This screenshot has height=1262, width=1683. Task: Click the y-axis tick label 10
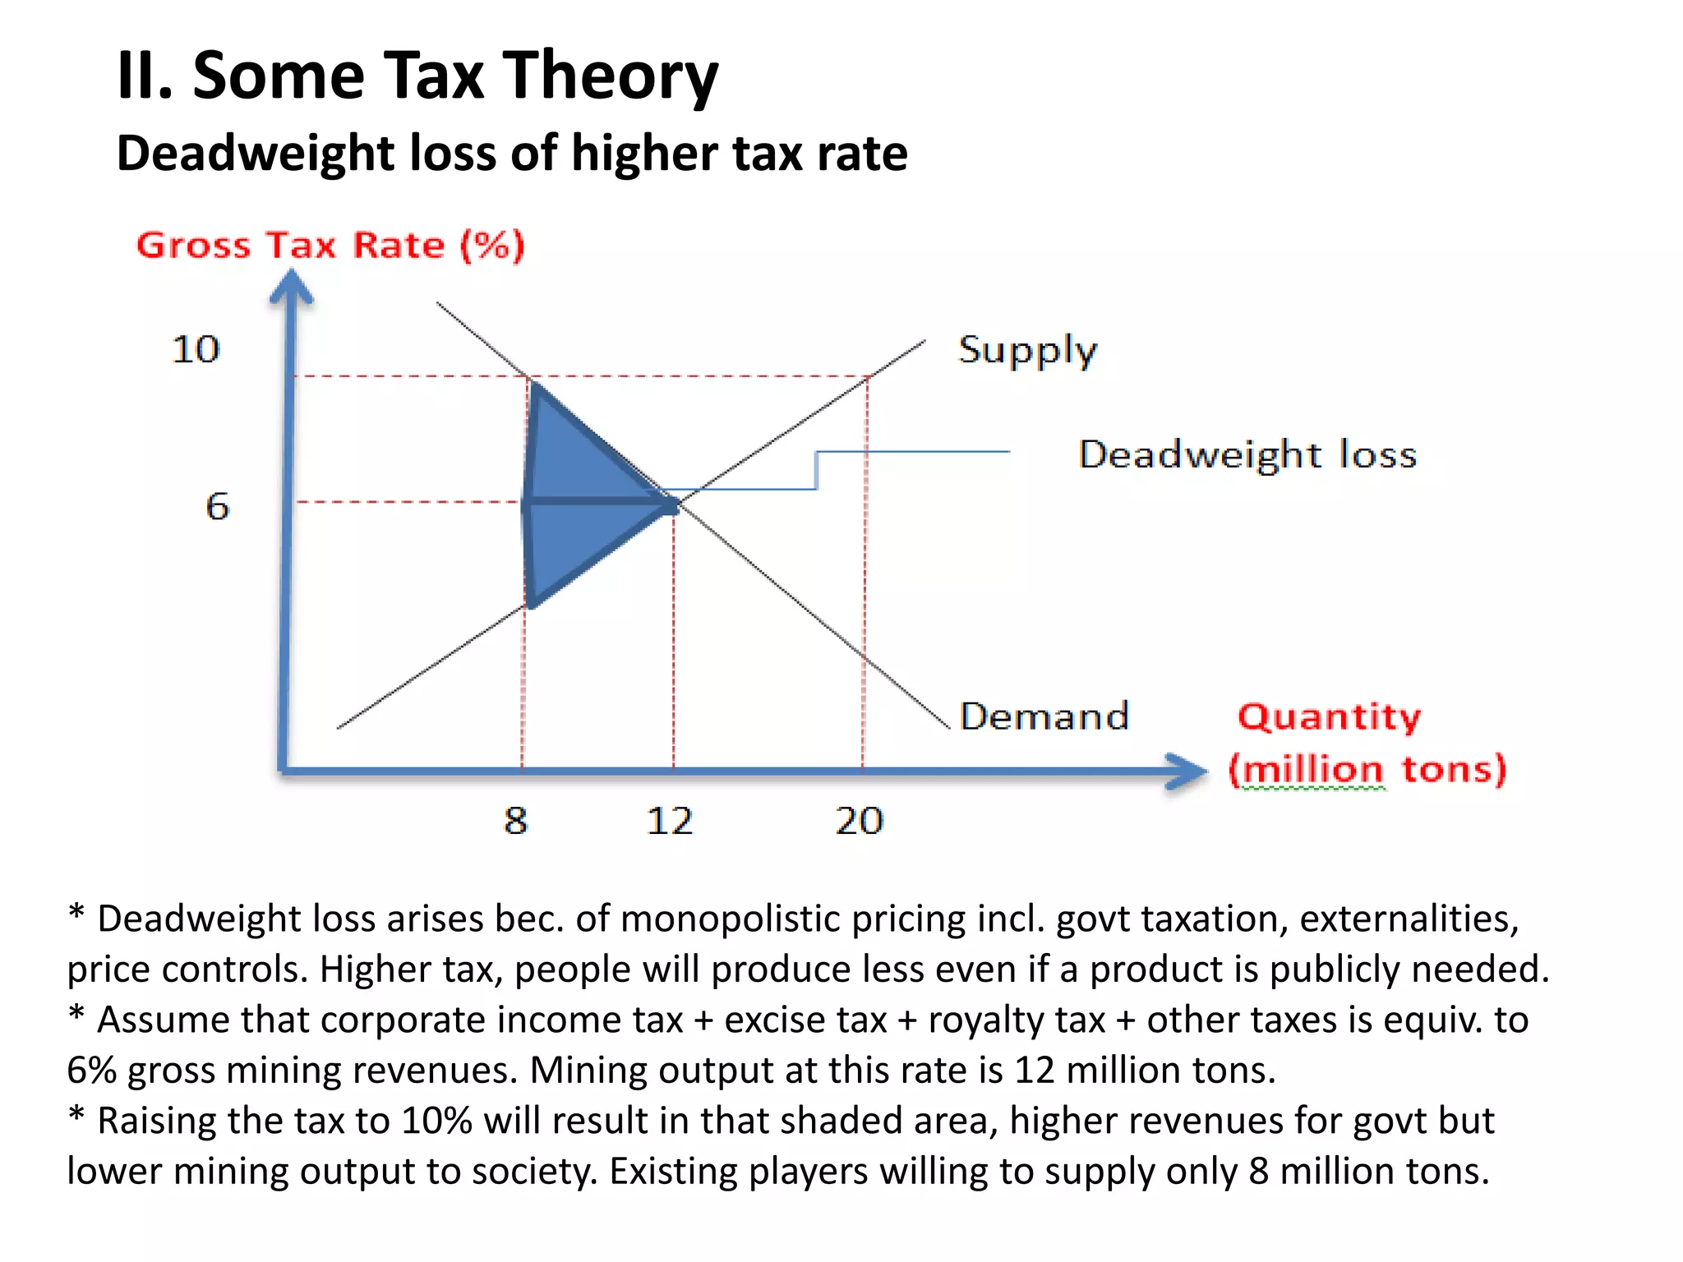click(x=196, y=349)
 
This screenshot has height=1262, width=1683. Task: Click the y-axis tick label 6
click(x=217, y=506)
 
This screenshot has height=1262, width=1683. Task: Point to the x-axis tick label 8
click(x=515, y=820)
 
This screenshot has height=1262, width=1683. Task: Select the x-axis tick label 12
click(x=670, y=821)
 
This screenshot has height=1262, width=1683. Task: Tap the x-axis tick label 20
click(x=859, y=821)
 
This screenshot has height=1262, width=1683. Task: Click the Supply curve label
click(x=1027, y=351)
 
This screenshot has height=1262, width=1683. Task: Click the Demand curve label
click(x=1044, y=716)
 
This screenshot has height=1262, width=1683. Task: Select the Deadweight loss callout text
click(x=1247, y=454)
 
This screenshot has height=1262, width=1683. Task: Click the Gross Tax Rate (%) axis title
click(x=330, y=245)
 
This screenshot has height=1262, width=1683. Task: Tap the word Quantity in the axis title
click(x=1329, y=716)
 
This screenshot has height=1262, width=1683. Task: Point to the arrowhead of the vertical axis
click(x=292, y=288)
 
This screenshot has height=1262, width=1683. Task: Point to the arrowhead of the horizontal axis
click(x=1187, y=771)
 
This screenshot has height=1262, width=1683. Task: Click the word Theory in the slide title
click(x=610, y=76)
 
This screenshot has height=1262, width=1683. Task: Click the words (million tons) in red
click(x=1367, y=770)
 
